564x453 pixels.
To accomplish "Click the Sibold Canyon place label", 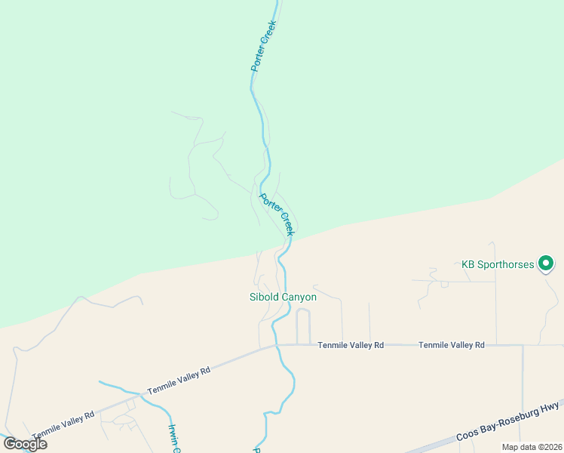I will pos(283,297).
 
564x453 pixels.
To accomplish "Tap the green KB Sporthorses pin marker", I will pos(546,263).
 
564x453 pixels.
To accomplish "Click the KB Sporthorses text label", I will pos(498,265).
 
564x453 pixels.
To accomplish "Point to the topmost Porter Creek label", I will pos(264,45).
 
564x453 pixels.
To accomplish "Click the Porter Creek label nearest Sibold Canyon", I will pos(276,214).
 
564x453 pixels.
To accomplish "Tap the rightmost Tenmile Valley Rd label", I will pos(452,345).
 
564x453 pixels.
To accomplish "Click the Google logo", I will pos(25,443).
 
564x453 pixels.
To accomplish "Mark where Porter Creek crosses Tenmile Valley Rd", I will pos(277,346).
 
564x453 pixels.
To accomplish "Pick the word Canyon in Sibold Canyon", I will pos(299,297).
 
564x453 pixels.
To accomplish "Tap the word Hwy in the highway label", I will pos(551,408).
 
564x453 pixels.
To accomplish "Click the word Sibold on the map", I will pos(264,297).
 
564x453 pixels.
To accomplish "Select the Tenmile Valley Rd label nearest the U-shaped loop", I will pos(351,345).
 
